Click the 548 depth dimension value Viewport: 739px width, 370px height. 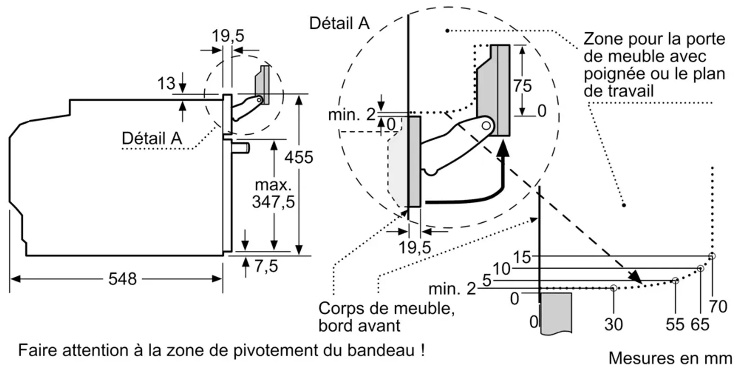[122, 279]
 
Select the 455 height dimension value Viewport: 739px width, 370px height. [299, 158]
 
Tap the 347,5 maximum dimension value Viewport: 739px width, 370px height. [273, 202]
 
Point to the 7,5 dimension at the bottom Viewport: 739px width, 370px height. [266, 266]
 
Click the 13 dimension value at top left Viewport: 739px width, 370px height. [166, 83]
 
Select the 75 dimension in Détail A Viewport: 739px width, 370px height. [522, 86]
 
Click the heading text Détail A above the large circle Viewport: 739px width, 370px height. [339, 23]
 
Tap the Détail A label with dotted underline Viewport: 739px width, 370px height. [152, 138]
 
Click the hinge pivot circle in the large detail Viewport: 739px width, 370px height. [486, 126]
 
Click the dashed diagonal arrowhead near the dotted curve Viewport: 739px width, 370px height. [636, 277]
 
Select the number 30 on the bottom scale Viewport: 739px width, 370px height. [613, 324]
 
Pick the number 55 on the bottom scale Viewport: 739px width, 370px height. [675, 324]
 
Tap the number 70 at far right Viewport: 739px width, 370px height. [718, 306]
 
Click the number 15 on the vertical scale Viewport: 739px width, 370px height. [522, 257]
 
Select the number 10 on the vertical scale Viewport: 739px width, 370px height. [501, 269]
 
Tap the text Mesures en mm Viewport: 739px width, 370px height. [670, 358]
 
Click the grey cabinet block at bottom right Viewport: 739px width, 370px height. [556, 312]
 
